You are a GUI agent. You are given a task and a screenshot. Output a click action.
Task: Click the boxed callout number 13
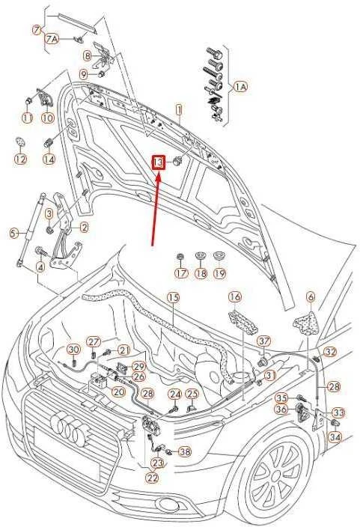coord(159,163)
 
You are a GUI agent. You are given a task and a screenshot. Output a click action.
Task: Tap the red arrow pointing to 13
coord(156,208)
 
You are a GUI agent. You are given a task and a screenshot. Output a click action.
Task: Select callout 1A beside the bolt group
coord(240,87)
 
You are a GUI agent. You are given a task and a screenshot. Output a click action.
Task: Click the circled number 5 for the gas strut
coord(13,234)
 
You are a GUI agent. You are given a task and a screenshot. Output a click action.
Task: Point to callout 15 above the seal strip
coord(174,298)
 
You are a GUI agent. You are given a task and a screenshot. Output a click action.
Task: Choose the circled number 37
coord(264,341)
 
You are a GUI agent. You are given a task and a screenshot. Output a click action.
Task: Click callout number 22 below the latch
coord(153,478)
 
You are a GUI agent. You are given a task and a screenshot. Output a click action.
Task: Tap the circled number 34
coord(335,437)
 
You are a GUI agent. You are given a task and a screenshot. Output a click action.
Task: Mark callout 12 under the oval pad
coord(20,159)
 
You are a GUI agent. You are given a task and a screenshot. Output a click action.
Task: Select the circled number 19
coord(219,272)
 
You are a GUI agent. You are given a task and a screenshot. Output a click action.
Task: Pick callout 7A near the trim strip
coord(52,40)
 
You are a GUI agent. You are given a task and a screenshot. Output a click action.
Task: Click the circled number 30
coord(73,350)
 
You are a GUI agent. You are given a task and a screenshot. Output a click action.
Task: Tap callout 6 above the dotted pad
coord(311,297)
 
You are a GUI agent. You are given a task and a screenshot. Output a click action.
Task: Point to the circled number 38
coord(185,451)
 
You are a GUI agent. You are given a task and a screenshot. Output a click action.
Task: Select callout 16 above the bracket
coord(235,297)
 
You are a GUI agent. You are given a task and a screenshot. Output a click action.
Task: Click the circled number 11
coord(28,118)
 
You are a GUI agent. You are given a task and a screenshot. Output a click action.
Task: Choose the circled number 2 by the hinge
coord(84,228)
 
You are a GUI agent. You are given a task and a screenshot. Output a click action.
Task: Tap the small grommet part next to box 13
coord(177,162)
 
